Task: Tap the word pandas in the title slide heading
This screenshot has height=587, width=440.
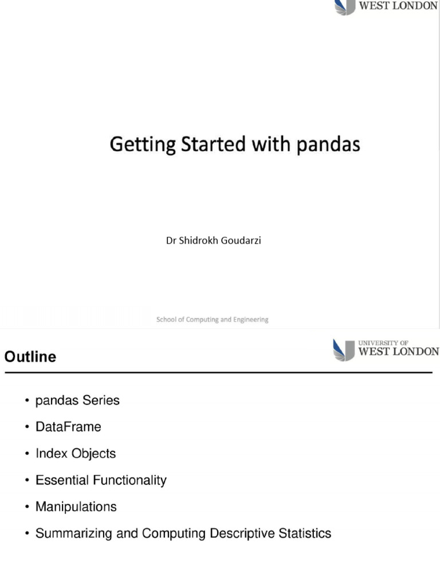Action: pyautogui.click(x=328, y=144)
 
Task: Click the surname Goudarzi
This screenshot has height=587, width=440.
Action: pyautogui.click(x=241, y=241)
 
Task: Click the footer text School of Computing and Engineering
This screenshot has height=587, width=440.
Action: pyautogui.click(x=213, y=320)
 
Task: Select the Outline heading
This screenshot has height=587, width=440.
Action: pyautogui.click(x=30, y=357)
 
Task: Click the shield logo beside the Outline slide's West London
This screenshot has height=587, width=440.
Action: pyautogui.click(x=343, y=350)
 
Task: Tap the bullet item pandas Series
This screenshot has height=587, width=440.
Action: pyautogui.click(x=77, y=401)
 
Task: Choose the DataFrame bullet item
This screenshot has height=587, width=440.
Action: pyautogui.click(x=68, y=427)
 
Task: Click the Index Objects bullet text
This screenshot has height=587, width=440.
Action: pyautogui.click(x=76, y=453)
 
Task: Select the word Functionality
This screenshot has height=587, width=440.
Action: pyautogui.click(x=127, y=480)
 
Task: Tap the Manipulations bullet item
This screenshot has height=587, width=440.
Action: pyautogui.click(x=76, y=507)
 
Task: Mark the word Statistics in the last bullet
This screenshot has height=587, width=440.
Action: pyautogui.click(x=305, y=534)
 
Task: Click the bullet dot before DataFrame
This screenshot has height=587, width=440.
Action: pyautogui.click(x=27, y=428)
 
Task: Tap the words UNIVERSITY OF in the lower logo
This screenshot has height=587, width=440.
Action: pyautogui.click(x=383, y=343)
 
